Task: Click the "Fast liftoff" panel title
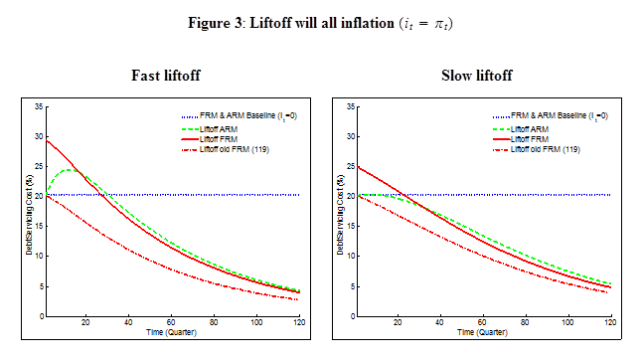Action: [166, 76]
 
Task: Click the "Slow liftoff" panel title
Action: [477, 76]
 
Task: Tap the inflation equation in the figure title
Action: [426, 24]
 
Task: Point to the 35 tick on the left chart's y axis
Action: [39, 106]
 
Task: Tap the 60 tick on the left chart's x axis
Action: [171, 322]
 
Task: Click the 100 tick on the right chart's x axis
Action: [567, 322]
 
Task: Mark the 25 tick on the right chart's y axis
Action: [351, 166]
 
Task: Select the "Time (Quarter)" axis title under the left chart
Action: [171, 332]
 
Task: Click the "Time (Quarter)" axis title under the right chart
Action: [482, 332]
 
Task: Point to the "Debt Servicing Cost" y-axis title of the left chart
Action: [29, 215]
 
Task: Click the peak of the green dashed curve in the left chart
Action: [69, 169]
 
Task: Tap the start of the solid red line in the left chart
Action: [47, 141]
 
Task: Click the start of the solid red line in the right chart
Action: [358, 167]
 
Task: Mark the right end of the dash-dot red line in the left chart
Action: [298, 300]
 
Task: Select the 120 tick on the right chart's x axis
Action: [610, 322]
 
